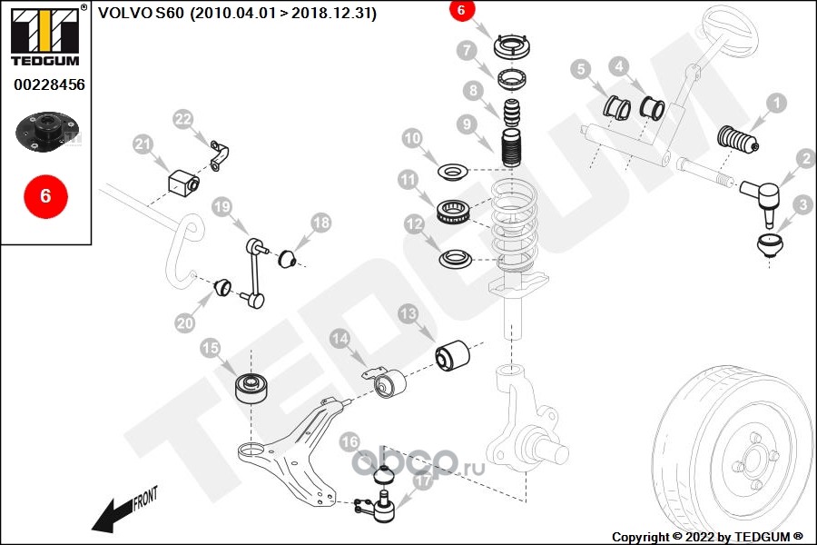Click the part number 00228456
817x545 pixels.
point(49,84)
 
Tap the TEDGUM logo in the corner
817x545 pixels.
point(46,36)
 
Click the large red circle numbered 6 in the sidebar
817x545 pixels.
point(46,196)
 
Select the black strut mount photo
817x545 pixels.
point(47,131)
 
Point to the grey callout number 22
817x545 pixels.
point(182,119)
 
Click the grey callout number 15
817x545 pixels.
point(211,348)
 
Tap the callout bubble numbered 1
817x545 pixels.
point(776,103)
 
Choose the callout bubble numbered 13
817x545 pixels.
point(408,313)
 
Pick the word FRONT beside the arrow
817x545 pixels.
point(145,498)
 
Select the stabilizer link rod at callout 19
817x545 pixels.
point(255,272)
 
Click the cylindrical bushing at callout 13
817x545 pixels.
point(452,356)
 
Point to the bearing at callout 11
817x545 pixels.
point(454,212)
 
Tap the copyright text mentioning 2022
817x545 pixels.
point(707,537)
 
